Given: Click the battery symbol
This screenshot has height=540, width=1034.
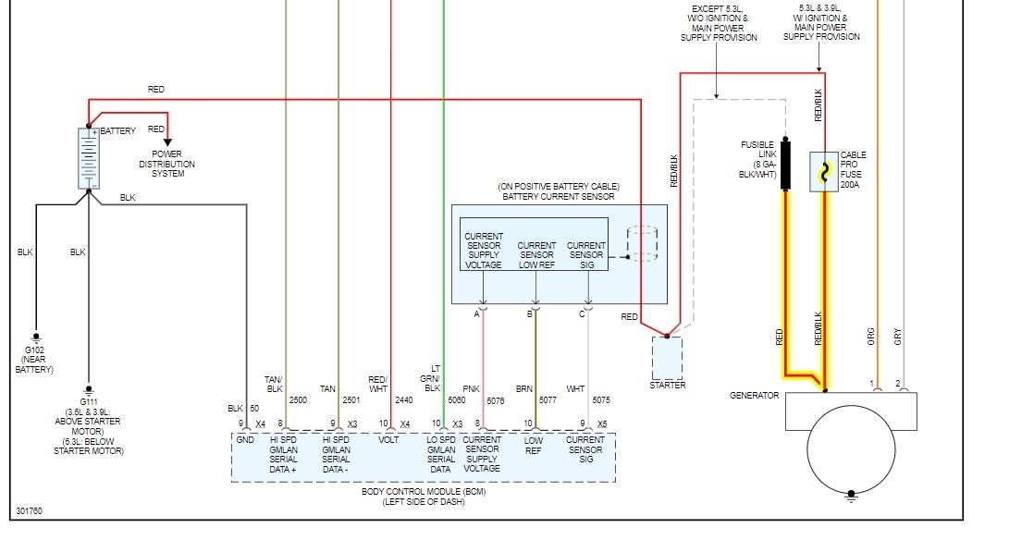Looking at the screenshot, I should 89,158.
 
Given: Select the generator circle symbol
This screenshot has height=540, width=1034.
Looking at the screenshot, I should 851,449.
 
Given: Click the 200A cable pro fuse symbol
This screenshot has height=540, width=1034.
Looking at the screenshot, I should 824,171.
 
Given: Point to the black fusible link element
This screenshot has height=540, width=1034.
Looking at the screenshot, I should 785,163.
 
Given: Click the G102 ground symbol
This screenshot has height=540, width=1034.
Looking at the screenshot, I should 37,337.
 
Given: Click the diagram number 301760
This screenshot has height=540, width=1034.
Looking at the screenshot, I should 29,511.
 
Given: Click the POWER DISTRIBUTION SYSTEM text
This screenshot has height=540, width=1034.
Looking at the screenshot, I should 167,164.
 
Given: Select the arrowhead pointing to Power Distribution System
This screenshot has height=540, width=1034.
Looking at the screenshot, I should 167,141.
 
